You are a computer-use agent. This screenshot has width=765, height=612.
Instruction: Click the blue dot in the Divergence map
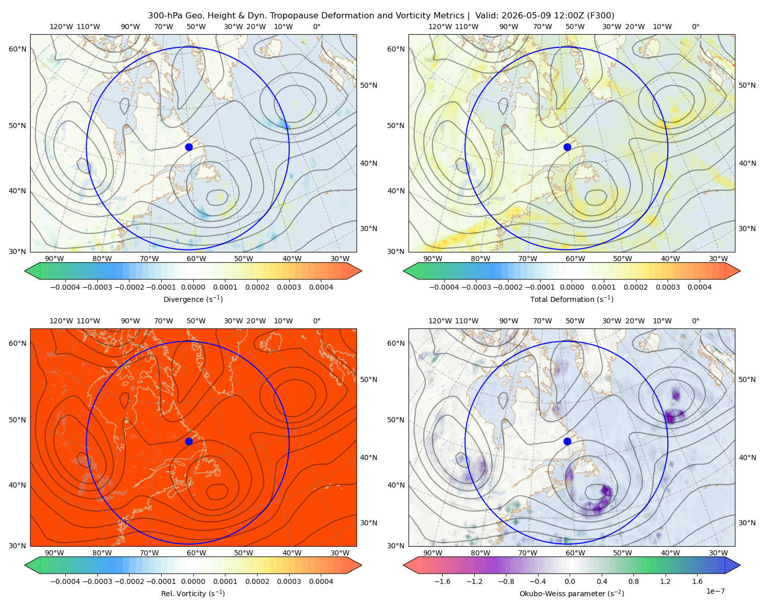point(189,147)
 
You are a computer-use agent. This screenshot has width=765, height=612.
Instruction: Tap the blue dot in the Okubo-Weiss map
point(567,441)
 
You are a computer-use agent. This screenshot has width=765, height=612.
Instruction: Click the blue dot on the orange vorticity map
point(189,441)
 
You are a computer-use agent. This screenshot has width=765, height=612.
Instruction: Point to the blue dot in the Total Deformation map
point(567,147)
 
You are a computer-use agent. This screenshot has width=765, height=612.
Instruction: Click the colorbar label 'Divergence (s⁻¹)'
point(193,299)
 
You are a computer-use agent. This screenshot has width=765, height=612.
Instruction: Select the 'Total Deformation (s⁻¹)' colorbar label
point(572,299)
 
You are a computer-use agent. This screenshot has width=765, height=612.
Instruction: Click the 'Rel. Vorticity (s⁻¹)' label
point(193,593)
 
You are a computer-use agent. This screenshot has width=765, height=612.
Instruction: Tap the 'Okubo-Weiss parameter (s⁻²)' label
point(572,593)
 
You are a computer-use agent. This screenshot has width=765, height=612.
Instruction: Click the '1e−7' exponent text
point(715,591)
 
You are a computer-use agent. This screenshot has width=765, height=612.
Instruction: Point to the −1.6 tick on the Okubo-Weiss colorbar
point(443,581)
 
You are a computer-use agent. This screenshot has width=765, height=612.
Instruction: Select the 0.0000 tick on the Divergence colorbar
point(193,287)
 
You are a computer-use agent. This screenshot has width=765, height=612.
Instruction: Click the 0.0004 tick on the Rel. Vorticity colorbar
point(321,581)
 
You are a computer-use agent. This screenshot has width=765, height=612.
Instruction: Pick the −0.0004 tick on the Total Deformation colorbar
point(444,287)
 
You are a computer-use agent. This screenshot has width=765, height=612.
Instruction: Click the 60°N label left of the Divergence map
point(17,49)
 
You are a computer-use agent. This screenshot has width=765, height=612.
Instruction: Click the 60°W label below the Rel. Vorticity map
point(196,553)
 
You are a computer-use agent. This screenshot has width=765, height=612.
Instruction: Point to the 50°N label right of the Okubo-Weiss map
point(747,379)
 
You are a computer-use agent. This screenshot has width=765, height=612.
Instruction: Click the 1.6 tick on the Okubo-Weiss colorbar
point(698,581)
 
